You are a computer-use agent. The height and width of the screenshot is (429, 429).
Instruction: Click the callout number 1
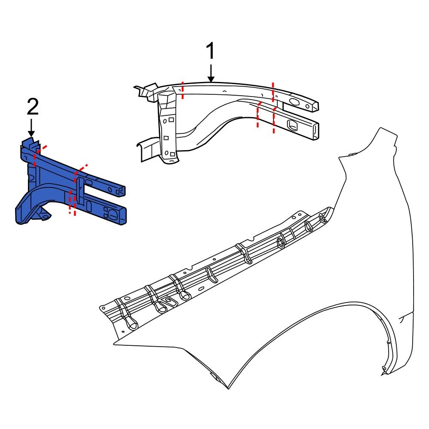pyautogui.click(x=210, y=52)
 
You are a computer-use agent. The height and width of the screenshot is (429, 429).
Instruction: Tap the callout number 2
pyautogui.click(x=33, y=107)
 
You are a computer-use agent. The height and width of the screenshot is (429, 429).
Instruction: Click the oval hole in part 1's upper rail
pyautogui.click(x=295, y=102)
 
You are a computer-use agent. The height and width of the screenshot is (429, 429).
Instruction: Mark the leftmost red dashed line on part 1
pyautogui.click(x=182, y=90)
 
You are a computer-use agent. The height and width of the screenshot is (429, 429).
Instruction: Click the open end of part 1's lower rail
pyautogui.click(x=315, y=131)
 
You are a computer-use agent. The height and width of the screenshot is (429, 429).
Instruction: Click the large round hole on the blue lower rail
pyautogui.click(x=111, y=212)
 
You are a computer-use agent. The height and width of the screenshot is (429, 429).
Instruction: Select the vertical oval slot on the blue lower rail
pyautogui.click(x=89, y=206)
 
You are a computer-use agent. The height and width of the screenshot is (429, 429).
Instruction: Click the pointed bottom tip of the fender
pyautogui.click(x=228, y=388)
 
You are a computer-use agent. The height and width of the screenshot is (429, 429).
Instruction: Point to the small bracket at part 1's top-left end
pyautogui.click(x=144, y=91)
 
